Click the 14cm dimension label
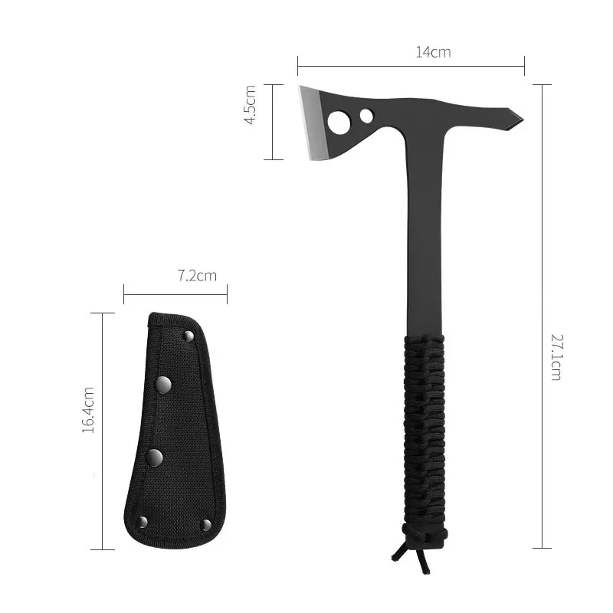pos(433,53)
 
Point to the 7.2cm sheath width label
pos(197,276)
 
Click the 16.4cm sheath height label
pos(89,411)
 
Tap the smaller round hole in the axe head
pos(366,116)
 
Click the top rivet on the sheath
pos(188,336)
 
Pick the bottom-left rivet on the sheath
pos(142,522)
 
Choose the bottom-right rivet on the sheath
pos(205,524)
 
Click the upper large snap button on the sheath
pos(164,384)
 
